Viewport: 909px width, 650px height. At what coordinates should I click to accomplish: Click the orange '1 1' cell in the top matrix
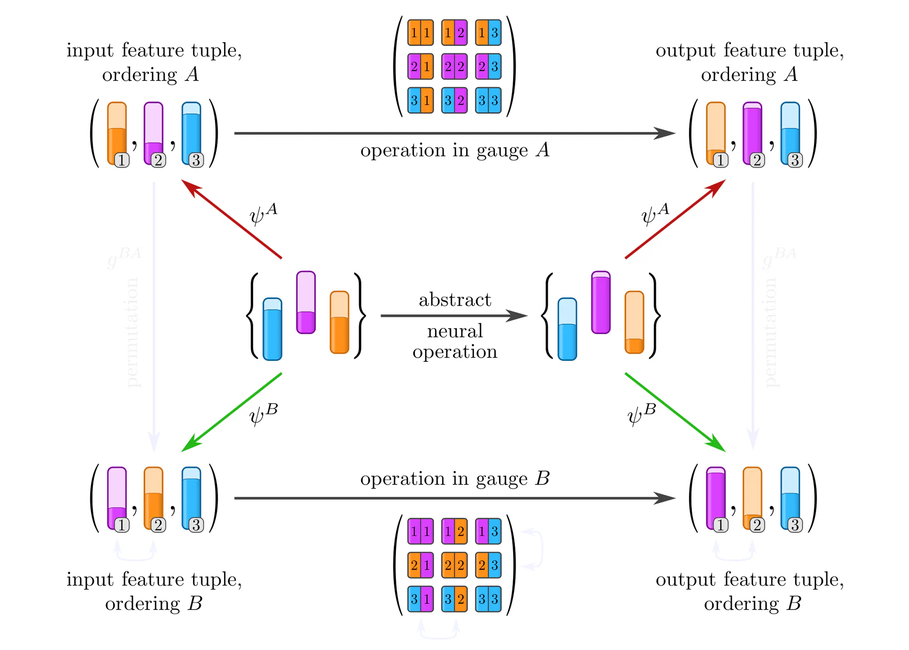pyautogui.click(x=420, y=33)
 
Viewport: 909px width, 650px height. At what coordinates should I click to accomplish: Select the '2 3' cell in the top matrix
pyautogui.click(x=488, y=67)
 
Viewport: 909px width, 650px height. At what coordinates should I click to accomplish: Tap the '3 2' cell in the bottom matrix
pyautogui.click(x=454, y=599)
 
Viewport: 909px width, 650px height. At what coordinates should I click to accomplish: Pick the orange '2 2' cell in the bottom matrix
pyautogui.click(x=454, y=565)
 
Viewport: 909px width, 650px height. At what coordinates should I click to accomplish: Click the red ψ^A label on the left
pyautogui.click(x=263, y=214)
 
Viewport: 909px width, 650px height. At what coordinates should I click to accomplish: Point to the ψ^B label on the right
pyautogui.click(x=641, y=415)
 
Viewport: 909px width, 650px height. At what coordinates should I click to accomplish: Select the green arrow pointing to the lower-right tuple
pyautogui.click(x=675, y=412)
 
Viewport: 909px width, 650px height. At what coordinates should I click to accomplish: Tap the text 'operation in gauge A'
pyautogui.click(x=455, y=150)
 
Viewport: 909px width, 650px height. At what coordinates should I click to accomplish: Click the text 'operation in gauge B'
pyautogui.click(x=455, y=479)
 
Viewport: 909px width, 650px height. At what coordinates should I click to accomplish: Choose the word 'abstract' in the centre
pyautogui.click(x=455, y=300)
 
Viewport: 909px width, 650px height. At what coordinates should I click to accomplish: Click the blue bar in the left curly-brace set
pyautogui.click(x=272, y=329)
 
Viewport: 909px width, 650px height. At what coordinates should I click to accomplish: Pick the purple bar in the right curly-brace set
pyautogui.click(x=601, y=303)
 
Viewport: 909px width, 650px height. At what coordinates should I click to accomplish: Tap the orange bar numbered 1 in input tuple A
pyautogui.click(x=117, y=133)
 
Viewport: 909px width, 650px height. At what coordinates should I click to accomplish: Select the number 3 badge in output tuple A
pyautogui.click(x=795, y=160)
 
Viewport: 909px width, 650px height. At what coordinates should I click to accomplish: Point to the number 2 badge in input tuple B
pyautogui.click(x=158, y=525)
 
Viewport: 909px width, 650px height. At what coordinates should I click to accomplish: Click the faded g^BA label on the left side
pyautogui.click(x=124, y=257)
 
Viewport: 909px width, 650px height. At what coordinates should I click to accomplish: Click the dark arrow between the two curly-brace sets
pyautogui.click(x=454, y=315)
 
